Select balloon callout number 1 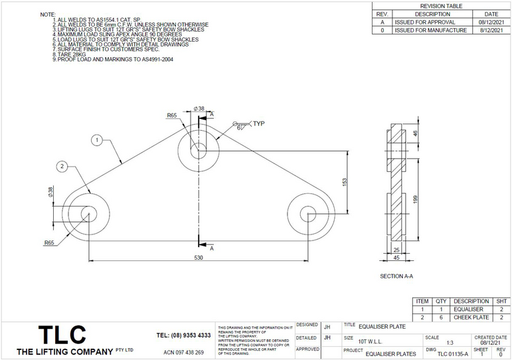pyautogui.click(x=96, y=140)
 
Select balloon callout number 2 pyautogui.click(x=61, y=165)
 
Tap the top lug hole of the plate pyautogui.click(x=198, y=149)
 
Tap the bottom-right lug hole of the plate pyautogui.click(x=307, y=213)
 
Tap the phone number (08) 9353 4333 pyautogui.click(x=184, y=335)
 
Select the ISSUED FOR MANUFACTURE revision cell pyautogui.click(x=430, y=30)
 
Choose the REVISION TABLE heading pyautogui.click(x=441, y=5)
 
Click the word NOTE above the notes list pyautogui.click(x=48, y=14)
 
